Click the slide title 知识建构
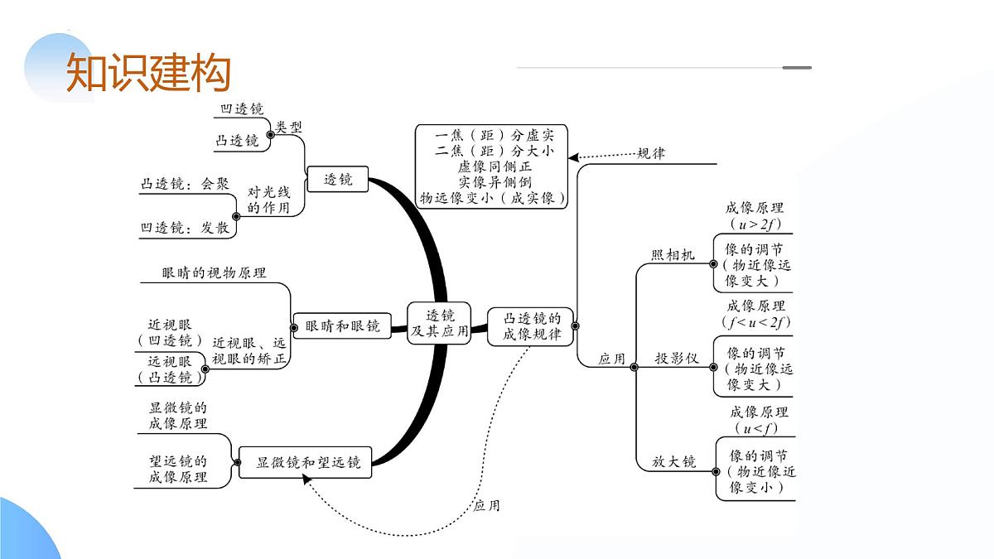[147, 73]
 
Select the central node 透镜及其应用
[440, 323]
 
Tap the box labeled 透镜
[338, 179]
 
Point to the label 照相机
[673, 254]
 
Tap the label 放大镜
[673, 462]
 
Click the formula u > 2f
[755, 224]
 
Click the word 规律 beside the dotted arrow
[651, 153]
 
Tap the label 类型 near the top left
[289, 127]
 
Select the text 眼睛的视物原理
[214, 272]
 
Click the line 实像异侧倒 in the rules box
[495, 181]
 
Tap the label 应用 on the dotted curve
[486, 505]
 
